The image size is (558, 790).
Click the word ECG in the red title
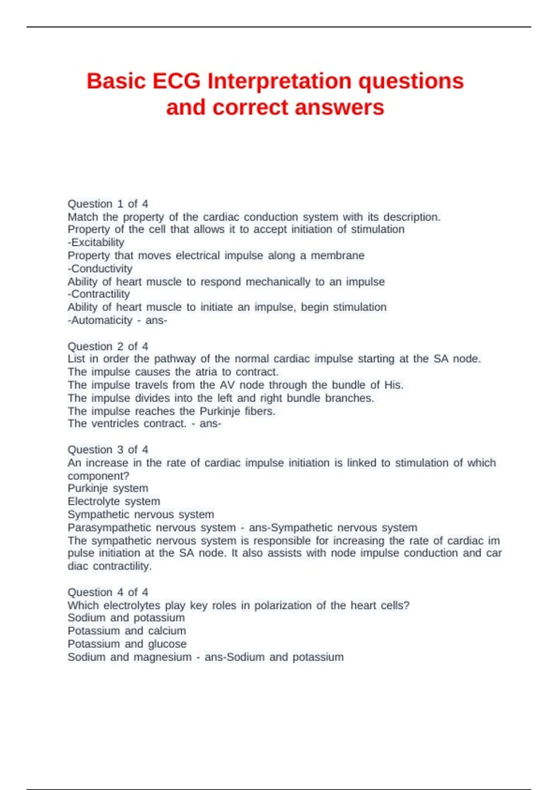click(x=176, y=81)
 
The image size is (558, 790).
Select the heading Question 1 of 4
click(x=108, y=204)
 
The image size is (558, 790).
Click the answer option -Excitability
click(x=96, y=243)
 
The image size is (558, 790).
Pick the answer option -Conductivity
click(x=100, y=269)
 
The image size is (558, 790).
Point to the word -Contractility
click(x=99, y=294)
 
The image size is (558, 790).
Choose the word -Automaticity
click(x=100, y=321)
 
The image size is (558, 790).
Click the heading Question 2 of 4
click(x=108, y=347)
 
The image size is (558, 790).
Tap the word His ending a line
click(x=393, y=385)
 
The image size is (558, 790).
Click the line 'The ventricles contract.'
click(x=127, y=424)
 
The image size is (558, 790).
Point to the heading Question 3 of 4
click(x=108, y=450)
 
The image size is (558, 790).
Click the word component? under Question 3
click(x=99, y=476)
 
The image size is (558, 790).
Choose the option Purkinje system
click(x=108, y=488)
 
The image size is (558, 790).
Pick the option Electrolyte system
click(x=114, y=501)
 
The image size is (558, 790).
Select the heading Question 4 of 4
click(x=108, y=592)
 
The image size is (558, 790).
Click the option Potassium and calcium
click(x=127, y=631)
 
